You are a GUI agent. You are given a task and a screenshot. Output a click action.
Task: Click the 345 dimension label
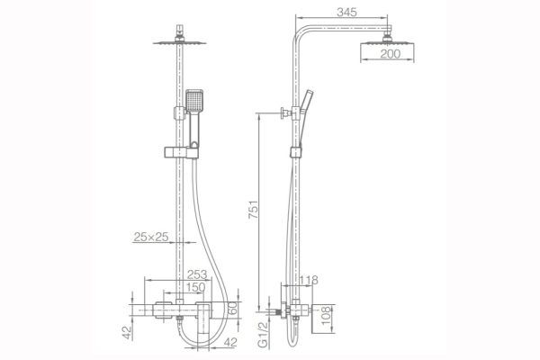pos(346,12)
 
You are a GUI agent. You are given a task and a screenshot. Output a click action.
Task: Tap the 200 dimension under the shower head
pos(391,54)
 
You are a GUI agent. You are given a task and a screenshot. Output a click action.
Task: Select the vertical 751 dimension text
pos(254,209)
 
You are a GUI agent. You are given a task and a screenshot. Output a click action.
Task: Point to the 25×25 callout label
pos(151,237)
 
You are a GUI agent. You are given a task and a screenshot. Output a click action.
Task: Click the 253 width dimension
pos(197,274)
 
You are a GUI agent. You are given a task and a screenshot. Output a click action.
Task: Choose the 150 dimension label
pos(195,287)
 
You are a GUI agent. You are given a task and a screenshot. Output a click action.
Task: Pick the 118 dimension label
pos(309,280)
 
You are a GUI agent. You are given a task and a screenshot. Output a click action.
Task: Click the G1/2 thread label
pos(263,335)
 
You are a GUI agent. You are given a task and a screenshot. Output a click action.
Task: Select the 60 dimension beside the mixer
pos(233,309)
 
